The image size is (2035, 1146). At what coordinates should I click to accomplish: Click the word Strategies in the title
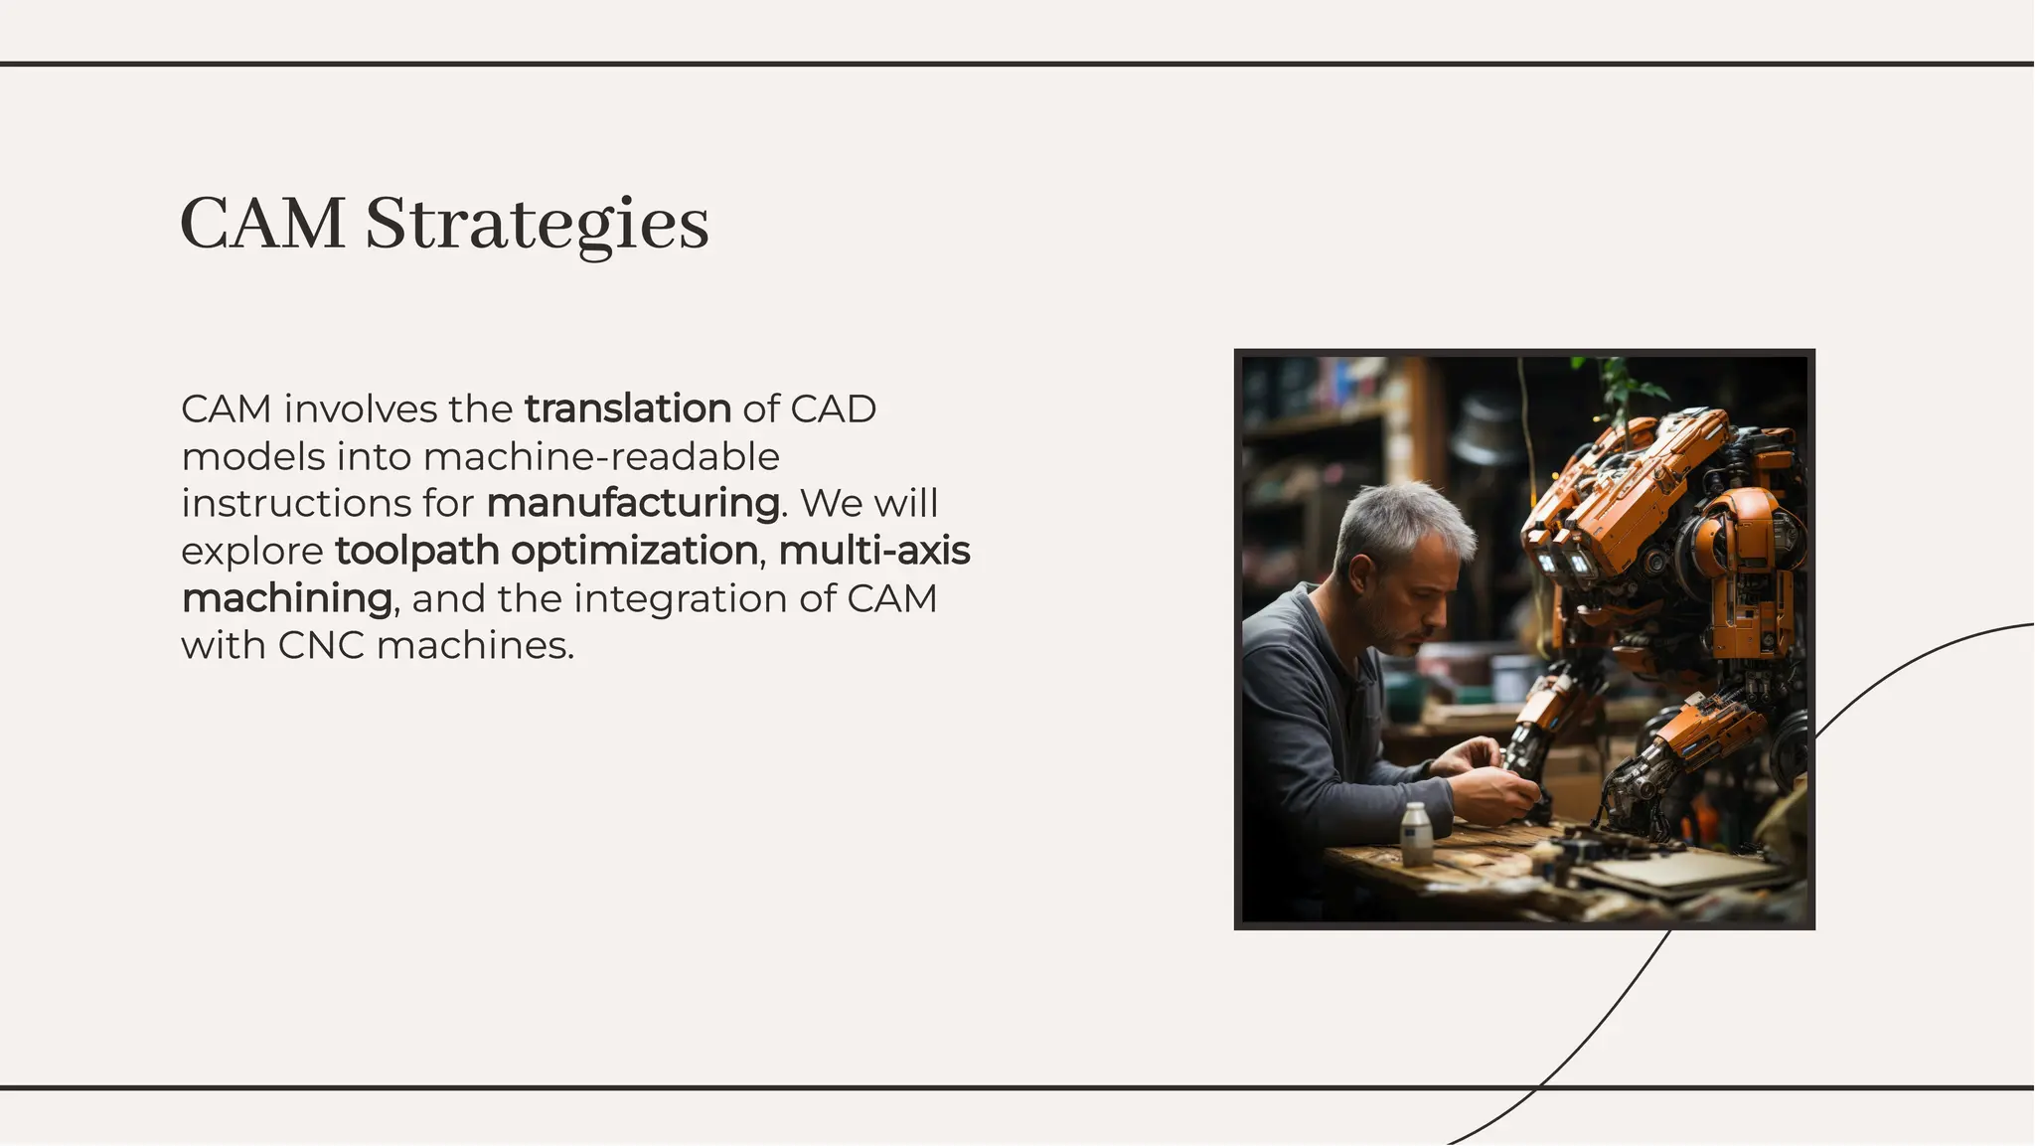coord(537,225)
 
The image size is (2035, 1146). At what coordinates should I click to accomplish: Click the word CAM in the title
coord(263,225)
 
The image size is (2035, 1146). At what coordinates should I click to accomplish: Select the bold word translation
coord(628,409)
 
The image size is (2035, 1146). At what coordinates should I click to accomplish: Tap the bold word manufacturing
coord(633,503)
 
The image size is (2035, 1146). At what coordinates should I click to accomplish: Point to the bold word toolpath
coord(416,551)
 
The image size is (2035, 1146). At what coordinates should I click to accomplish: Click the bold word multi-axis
coord(874,551)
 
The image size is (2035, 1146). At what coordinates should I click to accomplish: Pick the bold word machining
coord(287,598)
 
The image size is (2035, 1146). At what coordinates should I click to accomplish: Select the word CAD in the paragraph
coord(834,409)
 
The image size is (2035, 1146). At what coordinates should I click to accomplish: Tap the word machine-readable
coord(601,456)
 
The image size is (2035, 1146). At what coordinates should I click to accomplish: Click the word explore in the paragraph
coord(252,551)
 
